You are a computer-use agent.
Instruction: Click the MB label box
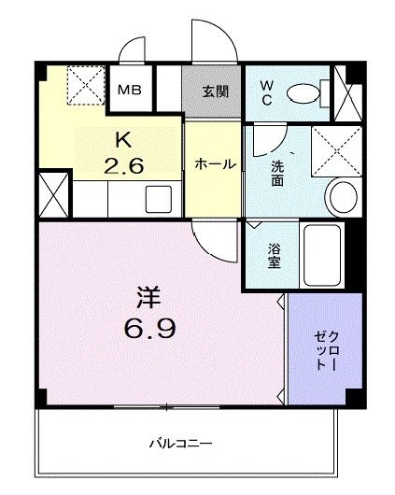pyautogui.click(x=130, y=91)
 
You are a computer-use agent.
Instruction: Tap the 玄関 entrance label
pyautogui.click(x=212, y=92)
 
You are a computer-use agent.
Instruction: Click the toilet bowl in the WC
pyautogui.click(x=303, y=92)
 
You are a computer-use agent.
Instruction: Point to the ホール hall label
pyautogui.click(x=213, y=164)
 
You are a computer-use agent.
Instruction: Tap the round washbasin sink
pyautogui.click(x=342, y=197)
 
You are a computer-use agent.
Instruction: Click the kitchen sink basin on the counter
pyautogui.click(x=158, y=198)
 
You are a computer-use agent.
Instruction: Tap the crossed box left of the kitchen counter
pyautogui.click(x=53, y=194)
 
